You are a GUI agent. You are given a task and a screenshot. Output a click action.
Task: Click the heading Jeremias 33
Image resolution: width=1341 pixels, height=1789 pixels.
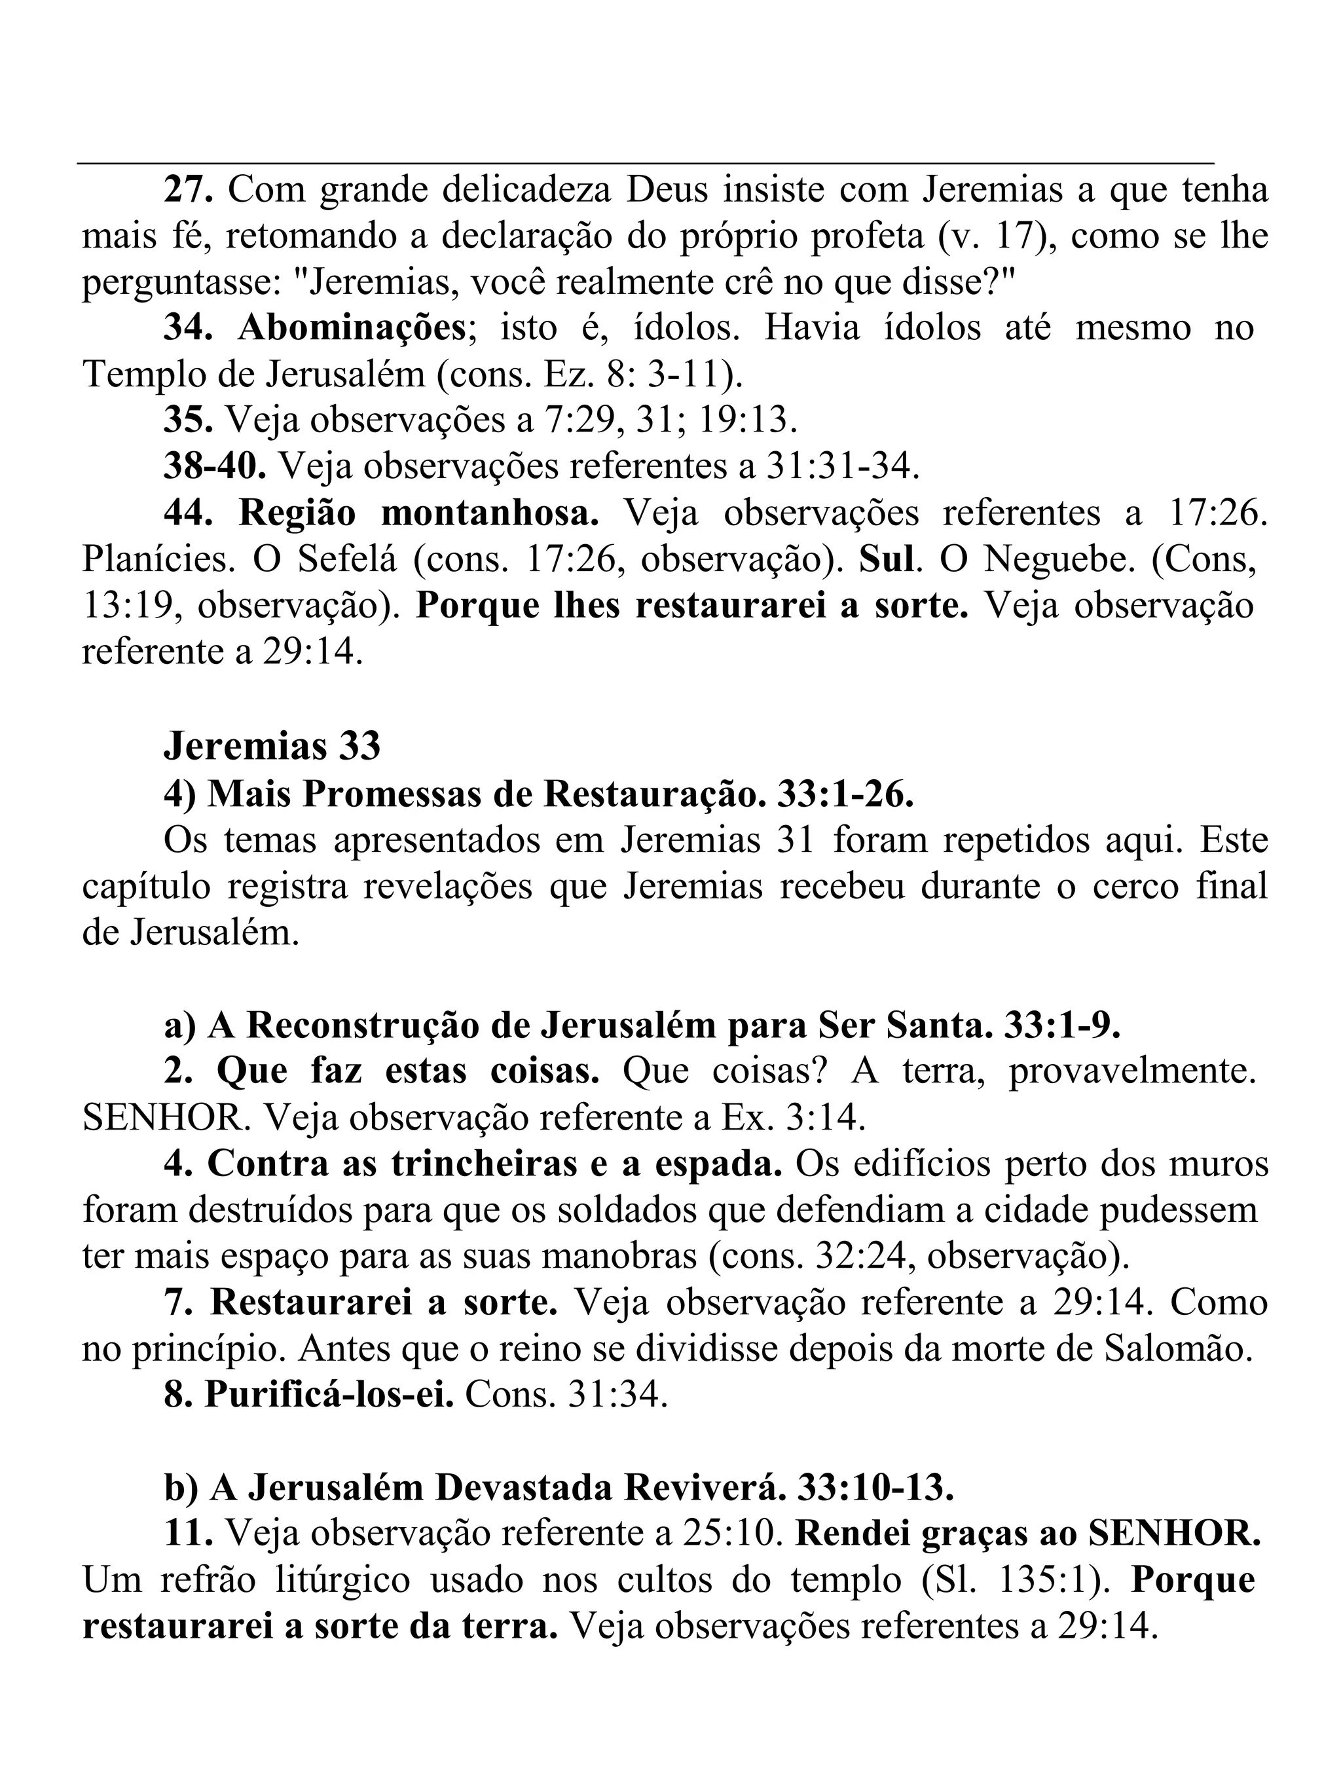click(272, 747)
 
